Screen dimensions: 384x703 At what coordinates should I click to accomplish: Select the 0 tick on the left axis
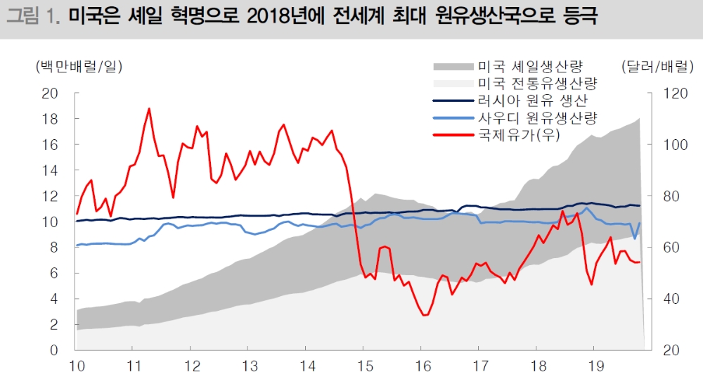[53, 350]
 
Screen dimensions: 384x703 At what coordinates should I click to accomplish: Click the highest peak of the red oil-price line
[149, 108]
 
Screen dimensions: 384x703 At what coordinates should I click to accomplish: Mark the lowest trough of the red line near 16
[424, 315]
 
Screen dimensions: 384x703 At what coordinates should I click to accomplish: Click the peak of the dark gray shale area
[639, 118]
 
